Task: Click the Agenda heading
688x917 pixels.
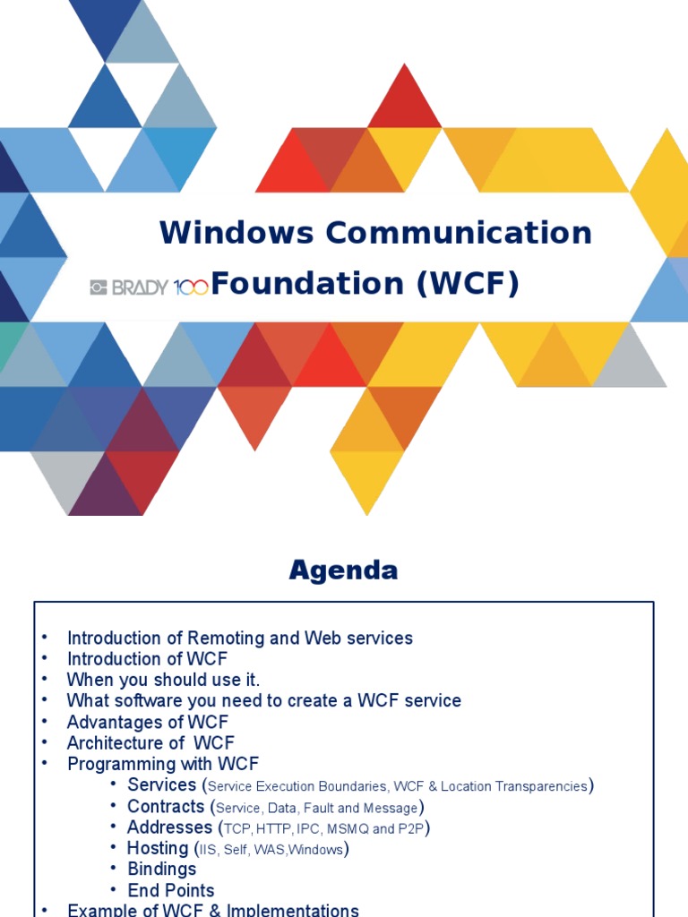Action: coord(343,570)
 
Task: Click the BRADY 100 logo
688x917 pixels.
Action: coord(149,287)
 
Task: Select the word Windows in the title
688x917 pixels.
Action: coord(236,233)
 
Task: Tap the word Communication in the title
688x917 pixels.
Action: coord(459,233)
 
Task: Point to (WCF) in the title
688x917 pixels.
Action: coord(467,284)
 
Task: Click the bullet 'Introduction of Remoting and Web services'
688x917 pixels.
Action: coord(239,638)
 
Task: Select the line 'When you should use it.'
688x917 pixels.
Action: coord(163,680)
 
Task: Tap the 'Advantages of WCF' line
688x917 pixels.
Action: coord(147,722)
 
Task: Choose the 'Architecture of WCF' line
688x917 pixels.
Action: coord(151,742)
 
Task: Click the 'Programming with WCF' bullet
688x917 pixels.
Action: coord(162,764)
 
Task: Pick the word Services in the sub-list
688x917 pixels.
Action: coord(161,784)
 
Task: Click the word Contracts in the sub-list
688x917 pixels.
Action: coord(166,806)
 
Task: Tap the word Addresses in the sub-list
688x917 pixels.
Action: coord(169,827)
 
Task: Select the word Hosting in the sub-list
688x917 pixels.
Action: coord(158,848)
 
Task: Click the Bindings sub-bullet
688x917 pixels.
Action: coord(161,869)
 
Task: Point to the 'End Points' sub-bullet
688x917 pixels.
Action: coord(170,890)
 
